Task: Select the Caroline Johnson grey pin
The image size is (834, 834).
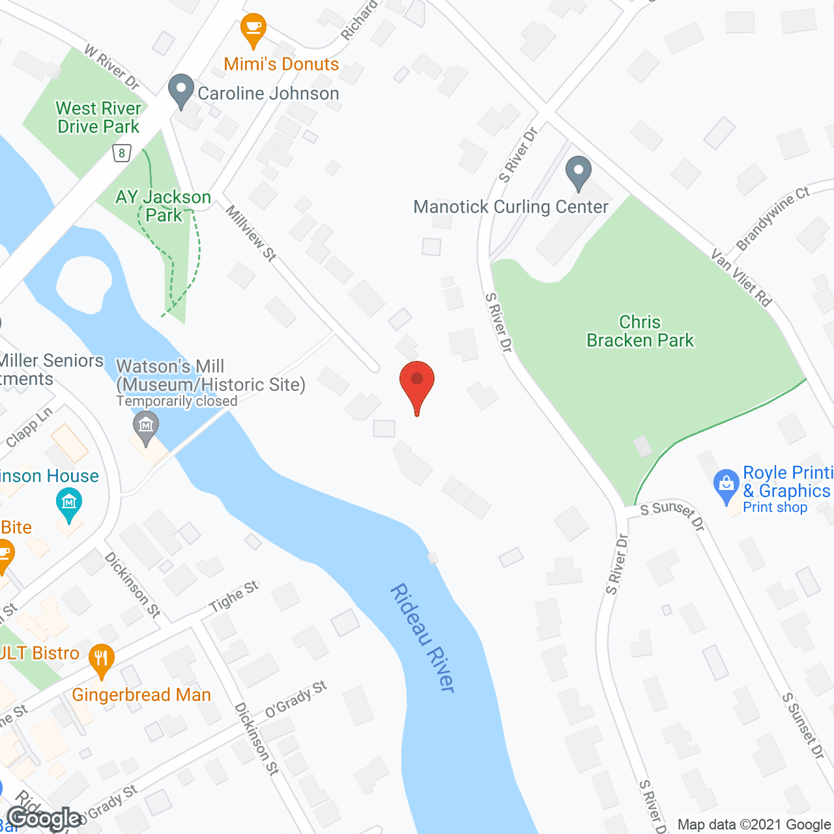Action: coord(180,91)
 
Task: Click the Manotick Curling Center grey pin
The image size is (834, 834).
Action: coord(578,172)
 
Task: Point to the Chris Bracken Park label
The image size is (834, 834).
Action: coord(640,331)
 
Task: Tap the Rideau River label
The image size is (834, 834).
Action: coord(422,637)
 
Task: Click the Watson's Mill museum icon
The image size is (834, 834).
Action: coord(145,427)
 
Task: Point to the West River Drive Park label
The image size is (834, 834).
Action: coord(98,117)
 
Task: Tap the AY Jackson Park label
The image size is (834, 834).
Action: coord(164,206)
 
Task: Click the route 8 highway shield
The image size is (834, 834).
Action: coord(122,153)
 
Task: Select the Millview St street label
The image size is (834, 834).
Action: coord(251,233)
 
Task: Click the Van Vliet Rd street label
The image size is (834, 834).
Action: coord(741,278)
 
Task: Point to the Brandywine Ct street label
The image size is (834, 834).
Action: coord(773,218)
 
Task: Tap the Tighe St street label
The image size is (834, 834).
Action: coord(234,596)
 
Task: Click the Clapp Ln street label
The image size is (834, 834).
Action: coord(29,427)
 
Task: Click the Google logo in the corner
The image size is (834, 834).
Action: coord(44,818)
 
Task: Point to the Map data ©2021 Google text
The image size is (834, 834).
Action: coord(754,824)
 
